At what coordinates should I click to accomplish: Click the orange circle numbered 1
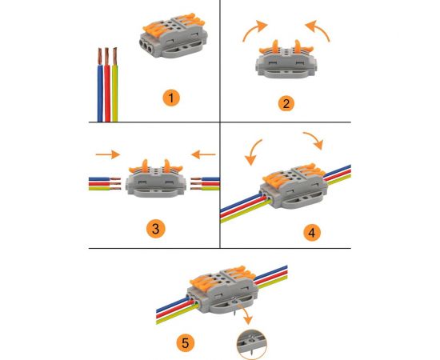tap(171, 98)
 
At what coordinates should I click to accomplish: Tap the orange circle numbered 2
tap(286, 103)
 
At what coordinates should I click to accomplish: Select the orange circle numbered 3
tap(156, 229)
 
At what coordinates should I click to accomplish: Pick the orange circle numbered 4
tap(312, 233)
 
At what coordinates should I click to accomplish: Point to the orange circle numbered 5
tap(186, 343)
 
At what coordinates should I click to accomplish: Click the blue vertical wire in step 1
tap(100, 85)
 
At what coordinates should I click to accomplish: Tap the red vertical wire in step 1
tap(107, 85)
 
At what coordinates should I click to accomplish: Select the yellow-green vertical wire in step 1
tap(114, 85)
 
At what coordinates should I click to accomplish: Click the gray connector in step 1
tap(174, 35)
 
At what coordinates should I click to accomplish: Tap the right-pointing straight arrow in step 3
tap(108, 154)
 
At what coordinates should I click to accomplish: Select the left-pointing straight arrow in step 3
tap(203, 154)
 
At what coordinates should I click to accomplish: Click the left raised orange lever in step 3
tap(145, 166)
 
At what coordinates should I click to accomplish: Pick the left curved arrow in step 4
tap(253, 152)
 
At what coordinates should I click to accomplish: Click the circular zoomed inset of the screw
tap(252, 344)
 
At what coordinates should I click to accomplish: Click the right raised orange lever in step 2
tap(298, 46)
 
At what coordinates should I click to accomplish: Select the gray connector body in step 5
tap(223, 292)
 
